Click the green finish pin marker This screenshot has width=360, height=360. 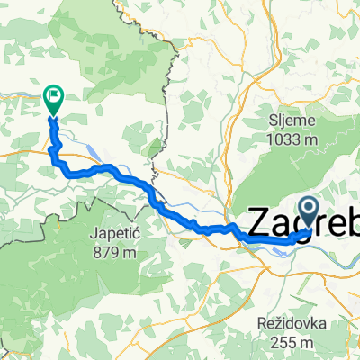point(53,95)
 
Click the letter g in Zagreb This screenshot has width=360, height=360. point(304,225)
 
